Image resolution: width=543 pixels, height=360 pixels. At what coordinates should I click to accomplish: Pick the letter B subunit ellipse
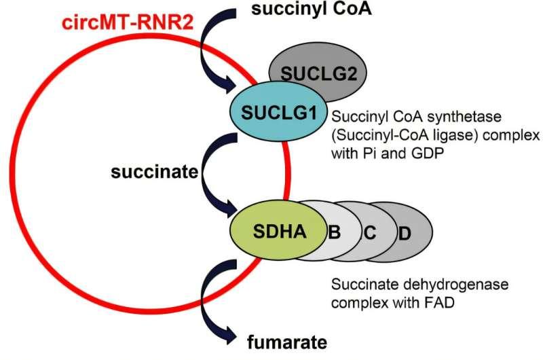(x=334, y=232)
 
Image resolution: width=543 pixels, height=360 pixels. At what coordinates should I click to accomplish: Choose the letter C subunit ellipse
(x=370, y=232)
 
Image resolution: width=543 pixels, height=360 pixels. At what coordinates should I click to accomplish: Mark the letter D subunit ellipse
(x=405, y=234)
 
